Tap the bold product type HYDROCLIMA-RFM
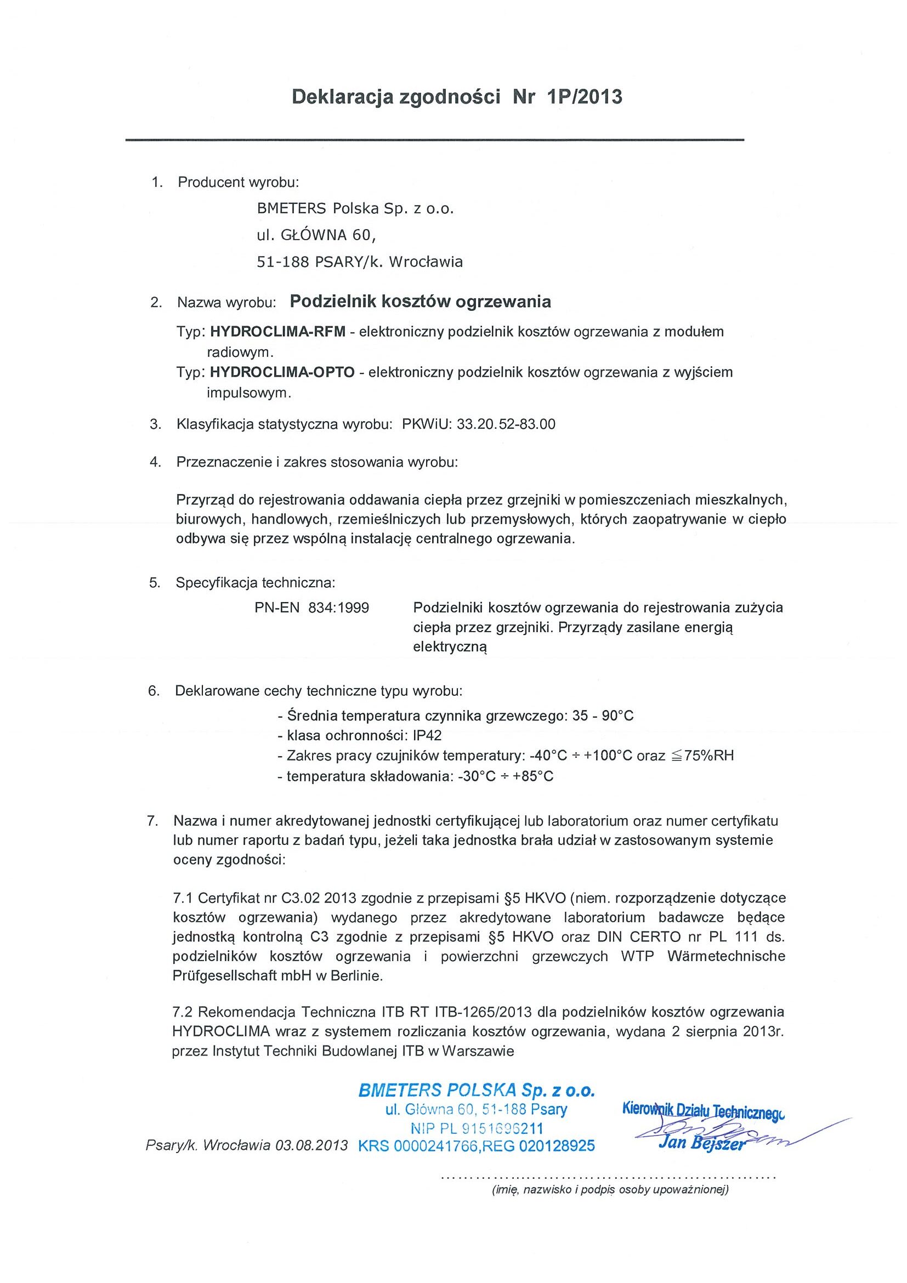click(x=277, y=331)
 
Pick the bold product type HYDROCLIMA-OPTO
click(x=282, y=372)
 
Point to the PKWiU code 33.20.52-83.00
click(x=506, y=424)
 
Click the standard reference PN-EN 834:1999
click(x=311, y=608)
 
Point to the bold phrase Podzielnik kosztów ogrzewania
click(x=420, y=302)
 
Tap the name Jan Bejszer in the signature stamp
click(x=702, y=1141)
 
